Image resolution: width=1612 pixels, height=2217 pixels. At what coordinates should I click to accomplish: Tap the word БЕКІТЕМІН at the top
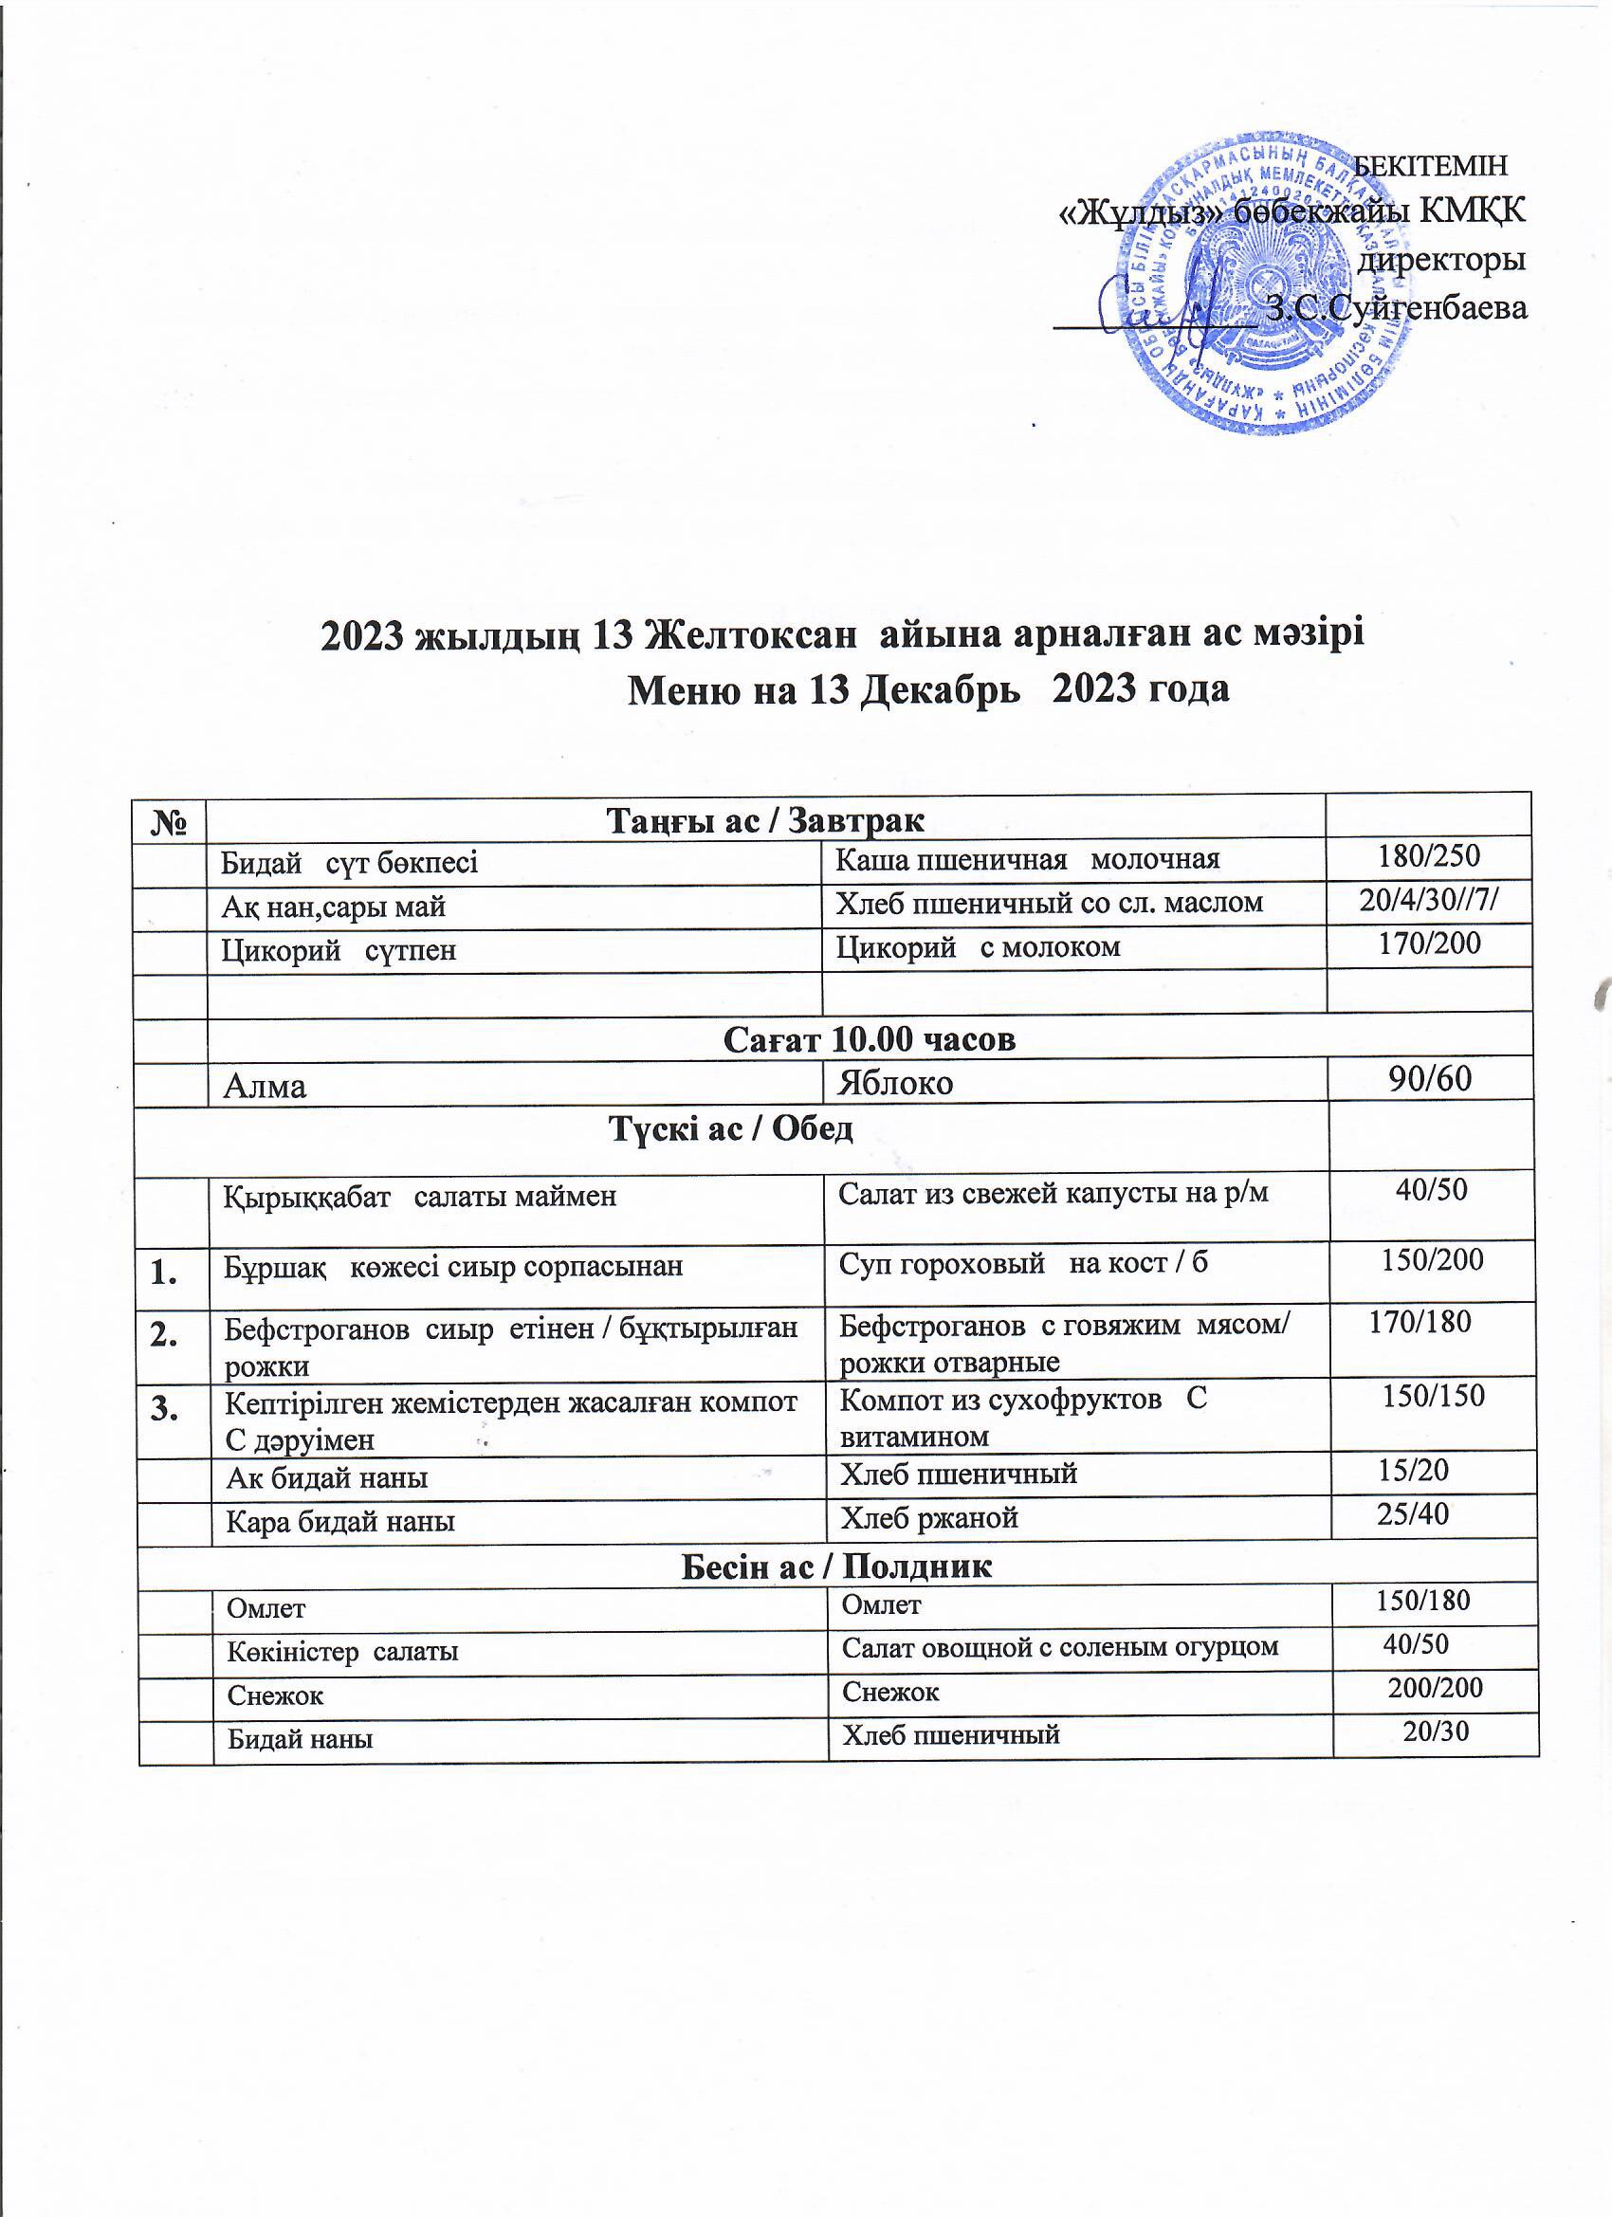tap(1429, 166)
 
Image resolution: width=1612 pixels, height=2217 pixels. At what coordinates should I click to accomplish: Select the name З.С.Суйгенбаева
tap(1396, 308)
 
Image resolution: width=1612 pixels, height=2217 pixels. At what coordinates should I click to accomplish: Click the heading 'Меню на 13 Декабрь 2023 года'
tap(926, 690)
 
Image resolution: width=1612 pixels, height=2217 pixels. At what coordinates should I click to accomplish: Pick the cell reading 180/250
tap(1428, 856)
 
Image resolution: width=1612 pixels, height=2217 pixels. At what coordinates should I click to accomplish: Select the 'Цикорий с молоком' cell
tap(979, 946)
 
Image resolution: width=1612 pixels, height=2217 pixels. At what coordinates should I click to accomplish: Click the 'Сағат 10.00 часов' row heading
tap(869, 1039)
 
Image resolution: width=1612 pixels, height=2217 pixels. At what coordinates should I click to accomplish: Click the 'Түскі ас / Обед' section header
tap(731, 1128)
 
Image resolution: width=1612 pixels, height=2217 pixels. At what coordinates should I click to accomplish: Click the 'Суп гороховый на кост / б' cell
tap(1023, 1262)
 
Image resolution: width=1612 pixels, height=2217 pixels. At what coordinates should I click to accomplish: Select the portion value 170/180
tap(1420, 1323)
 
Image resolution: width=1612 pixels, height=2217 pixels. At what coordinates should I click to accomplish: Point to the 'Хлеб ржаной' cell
tap(929, 1517)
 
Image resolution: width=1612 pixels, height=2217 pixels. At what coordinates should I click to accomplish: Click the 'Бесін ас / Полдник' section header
tap(835, 1566)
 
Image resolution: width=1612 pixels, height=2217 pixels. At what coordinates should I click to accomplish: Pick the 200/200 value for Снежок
tap(1435, 1687)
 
